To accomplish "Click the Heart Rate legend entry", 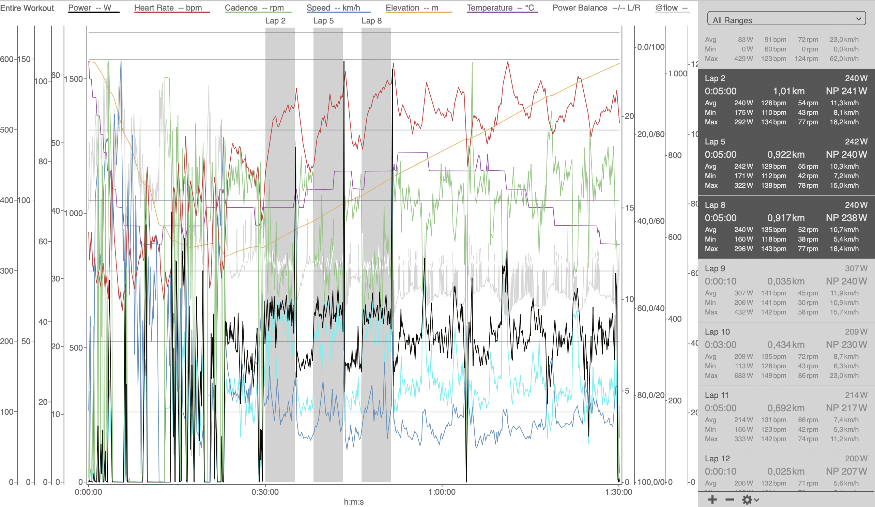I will tap(172, 7).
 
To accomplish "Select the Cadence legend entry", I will tap(258, 7).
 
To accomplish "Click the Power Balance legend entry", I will tap(596, 7).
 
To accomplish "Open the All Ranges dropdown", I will tap(786, 19).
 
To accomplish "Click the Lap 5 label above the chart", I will tap(323, 21).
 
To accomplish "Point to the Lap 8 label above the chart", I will tap(371, 21).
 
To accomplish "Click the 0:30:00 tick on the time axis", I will tap(265, 492).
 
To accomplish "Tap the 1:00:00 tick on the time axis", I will tap(442, 492).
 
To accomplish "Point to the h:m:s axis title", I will tap(353, 502).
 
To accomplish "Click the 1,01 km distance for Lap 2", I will tap(788, 91).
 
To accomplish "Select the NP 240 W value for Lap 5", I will tap(846, 155).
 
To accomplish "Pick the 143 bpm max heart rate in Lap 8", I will tap(773, 249).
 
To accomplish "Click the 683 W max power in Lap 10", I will tap(743, 375).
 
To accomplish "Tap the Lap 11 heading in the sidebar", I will tap(717, 395).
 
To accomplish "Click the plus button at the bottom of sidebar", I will tap(712, 500).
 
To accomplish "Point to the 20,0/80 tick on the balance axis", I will tap(651, 134).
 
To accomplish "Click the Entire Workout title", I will tap(27, 8).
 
